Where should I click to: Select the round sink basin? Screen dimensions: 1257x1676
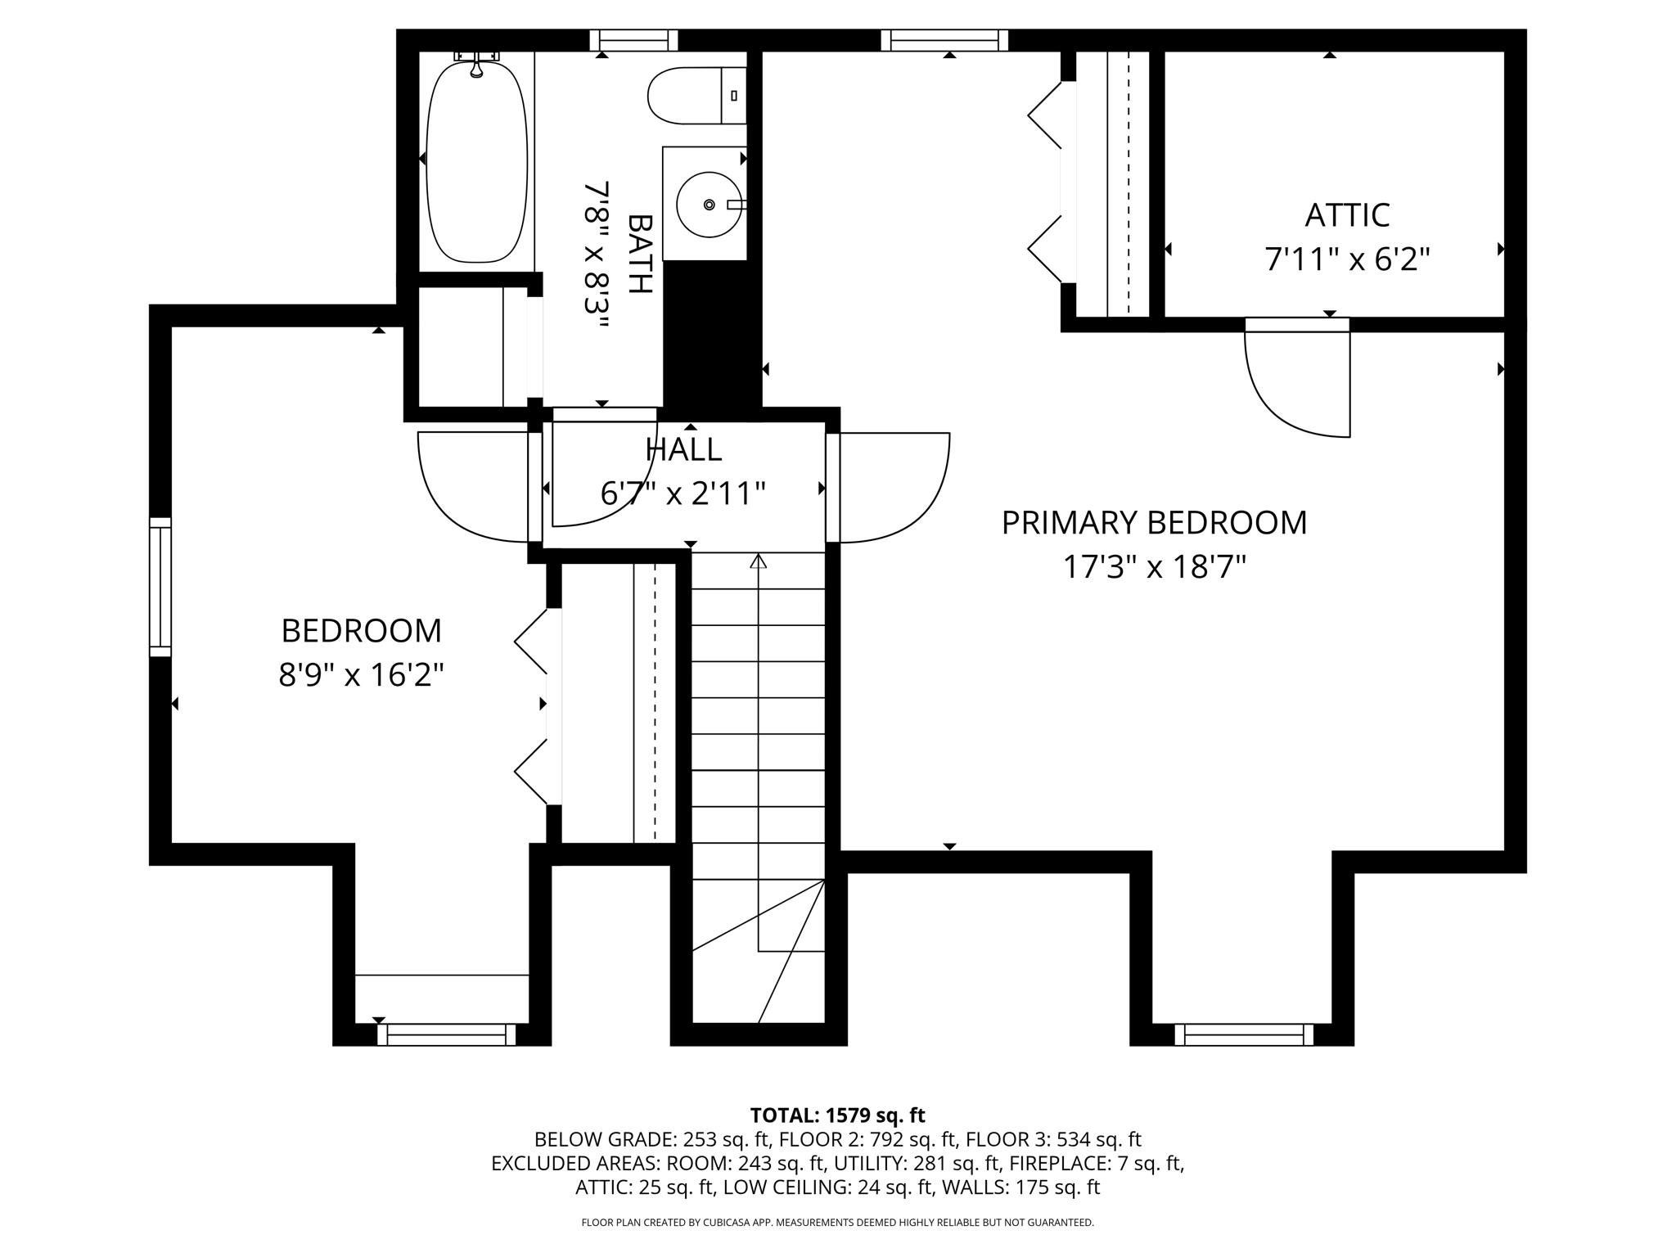(709, 204)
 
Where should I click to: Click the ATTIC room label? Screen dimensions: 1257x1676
(1346, 215)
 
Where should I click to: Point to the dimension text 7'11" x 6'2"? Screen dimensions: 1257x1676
(1347, 260)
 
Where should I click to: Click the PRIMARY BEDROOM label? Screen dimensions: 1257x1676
(1154, 523)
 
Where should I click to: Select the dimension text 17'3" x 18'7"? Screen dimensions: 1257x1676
(1154, 567)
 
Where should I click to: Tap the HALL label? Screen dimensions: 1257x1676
(683, 449)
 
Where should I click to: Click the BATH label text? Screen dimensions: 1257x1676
(640, 254)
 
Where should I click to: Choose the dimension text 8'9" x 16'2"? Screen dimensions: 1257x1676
(361, 676)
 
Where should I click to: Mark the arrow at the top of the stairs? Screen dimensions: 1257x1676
(759, 561)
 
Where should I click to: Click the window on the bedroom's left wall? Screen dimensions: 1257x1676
(160, 587)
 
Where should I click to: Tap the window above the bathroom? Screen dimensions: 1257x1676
(634, 40)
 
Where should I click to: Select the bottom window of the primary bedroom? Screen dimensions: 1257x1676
(1243, 1034)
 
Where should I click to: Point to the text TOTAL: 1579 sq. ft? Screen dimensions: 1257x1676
(837, 1115)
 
